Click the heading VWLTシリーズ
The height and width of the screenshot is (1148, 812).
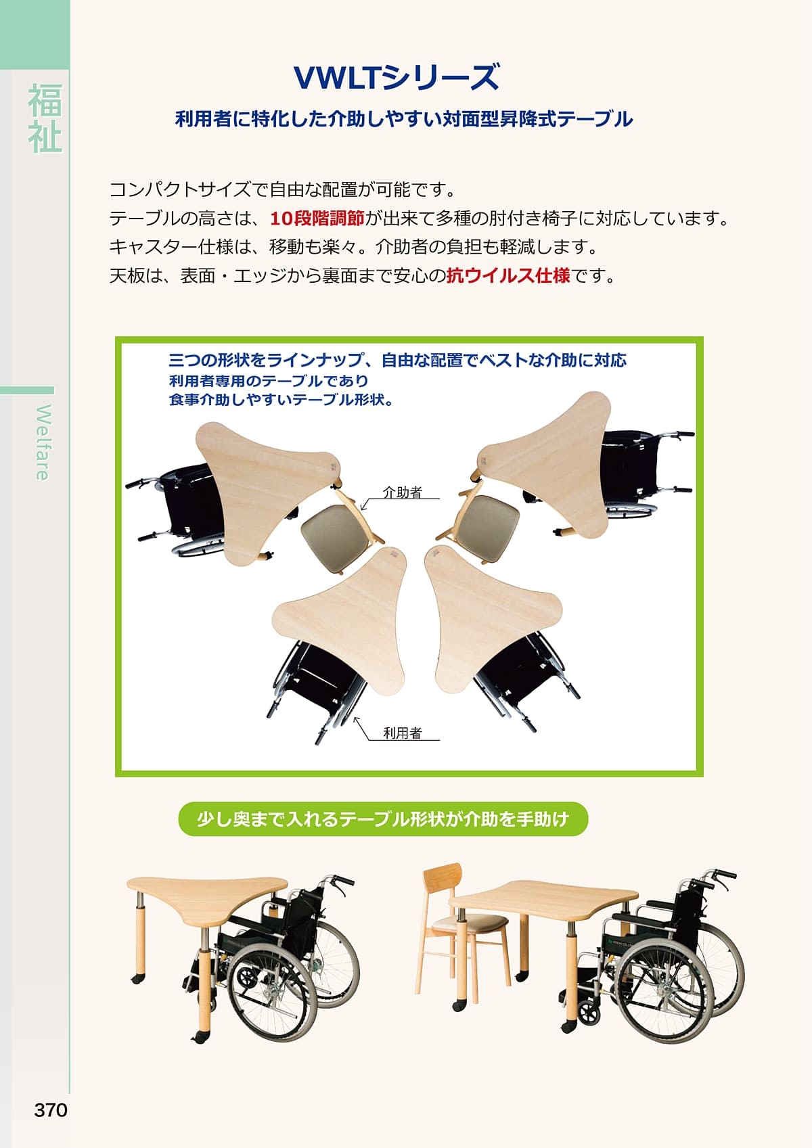pyautogui.click(x=397, y=77)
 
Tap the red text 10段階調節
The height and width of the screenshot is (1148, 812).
pyautogui.click(x=317, y=219)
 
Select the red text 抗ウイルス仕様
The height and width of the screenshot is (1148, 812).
pyautogui.click(x=507, y=276)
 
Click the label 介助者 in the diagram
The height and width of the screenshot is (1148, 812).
pyautogui.click(x=403, y=492)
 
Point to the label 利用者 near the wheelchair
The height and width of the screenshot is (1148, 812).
pyautogui.click(x=403, y=733)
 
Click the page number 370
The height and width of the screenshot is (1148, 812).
pyautogui.click(x=51, y=1110)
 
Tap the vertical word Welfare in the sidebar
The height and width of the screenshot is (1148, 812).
pyautogui.click(x=43, y=442)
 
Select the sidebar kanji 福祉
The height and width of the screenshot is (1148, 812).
pyautogui.click(x=45, y=118)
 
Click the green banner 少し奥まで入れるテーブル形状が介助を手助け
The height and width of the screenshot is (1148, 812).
pyautogui.click(x=383, y=819)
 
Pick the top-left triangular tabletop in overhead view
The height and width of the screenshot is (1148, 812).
pyautogui.click(x=264, y=480)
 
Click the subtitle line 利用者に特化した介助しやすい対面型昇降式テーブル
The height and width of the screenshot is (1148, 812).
pyautogui.click(x=404, y=120)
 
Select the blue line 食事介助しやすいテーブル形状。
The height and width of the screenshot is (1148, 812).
pyautogui.click(x=281, y=399)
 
